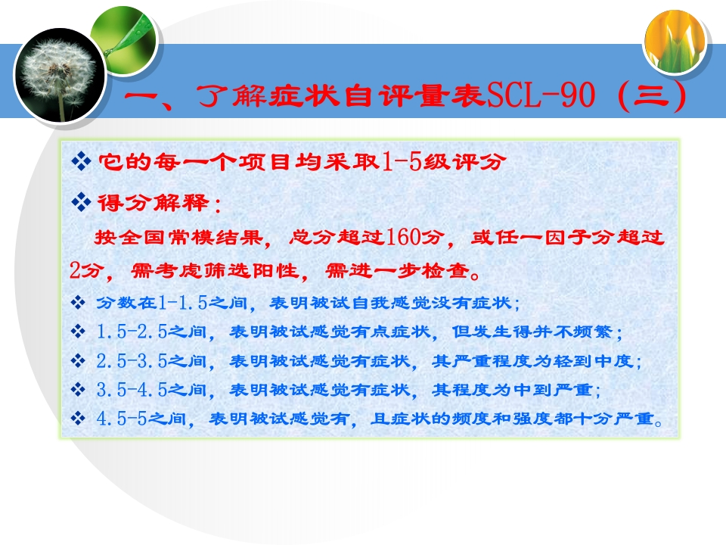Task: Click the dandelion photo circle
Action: (60, 76)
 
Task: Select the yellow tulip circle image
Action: (675, 42)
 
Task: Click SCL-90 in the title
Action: (541, 95)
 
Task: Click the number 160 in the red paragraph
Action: (402, 237)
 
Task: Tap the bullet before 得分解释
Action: (81, 202)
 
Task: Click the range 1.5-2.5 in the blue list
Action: (132, 332)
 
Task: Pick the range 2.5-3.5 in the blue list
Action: (132, 360)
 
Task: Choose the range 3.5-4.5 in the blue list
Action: (132, 390)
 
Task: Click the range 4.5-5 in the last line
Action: (121, 419)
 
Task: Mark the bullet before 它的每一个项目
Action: (81, 161)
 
